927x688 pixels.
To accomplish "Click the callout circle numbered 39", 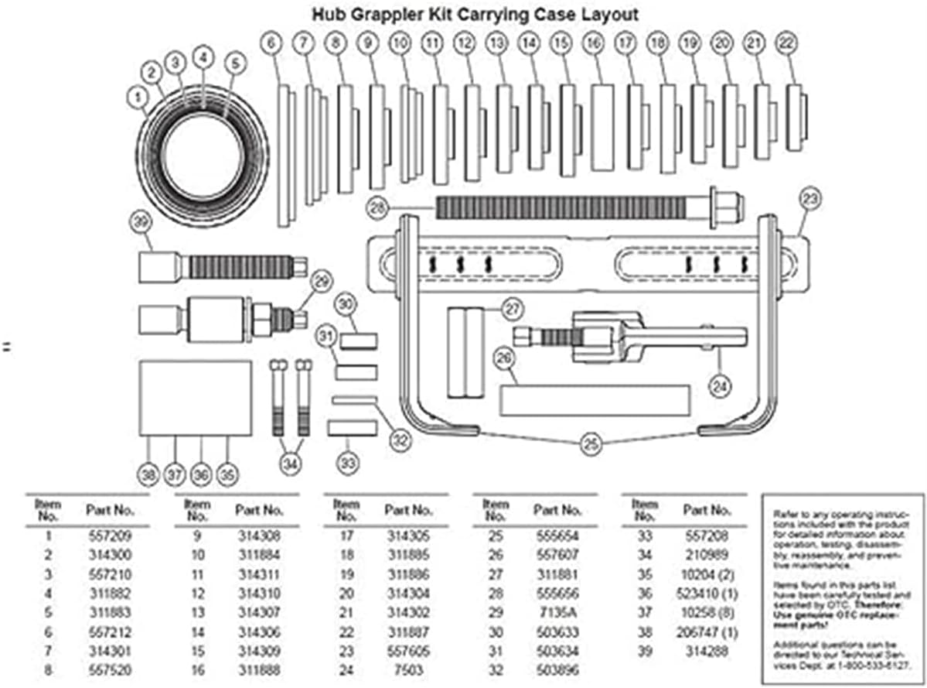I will pyautogui.click(x=140, y=223).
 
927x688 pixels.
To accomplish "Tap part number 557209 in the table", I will pyautogui.click(x=106, y=535).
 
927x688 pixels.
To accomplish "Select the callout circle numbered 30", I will pyautogui.click(x=346, y=303).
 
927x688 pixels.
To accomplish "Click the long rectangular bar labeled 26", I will pyautogui.click(x=595, y=399).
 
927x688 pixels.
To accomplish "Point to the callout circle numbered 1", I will pyautogui.click(x=136, y=97).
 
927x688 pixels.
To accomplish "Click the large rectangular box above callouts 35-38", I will pyautogui.click(x=195, y=398).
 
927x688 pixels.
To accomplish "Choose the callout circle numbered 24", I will pyautogui.click(x=720, y=385).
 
